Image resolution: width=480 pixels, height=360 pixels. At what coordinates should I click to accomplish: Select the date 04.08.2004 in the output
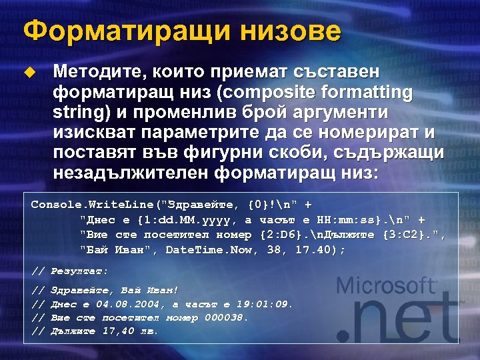pyautogui.click(x=126, y=304)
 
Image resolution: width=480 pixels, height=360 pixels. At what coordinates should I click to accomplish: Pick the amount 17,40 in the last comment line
pyautogui.click(x=118, y=331)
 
